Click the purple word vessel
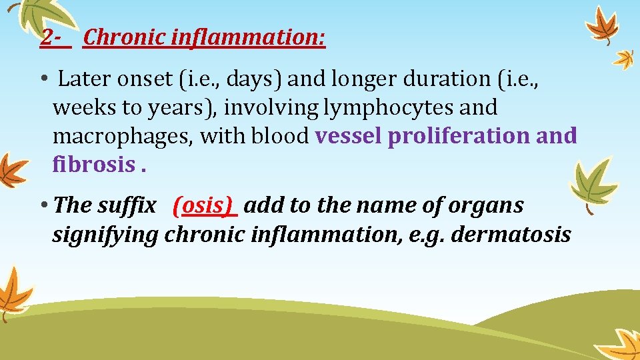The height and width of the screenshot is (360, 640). [x=349, y=136]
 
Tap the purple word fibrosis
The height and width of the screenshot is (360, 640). [x=94, y=164]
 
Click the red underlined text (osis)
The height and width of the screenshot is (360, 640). [x=205, y=205]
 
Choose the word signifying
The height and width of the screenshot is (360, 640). [x=105, y=234]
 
